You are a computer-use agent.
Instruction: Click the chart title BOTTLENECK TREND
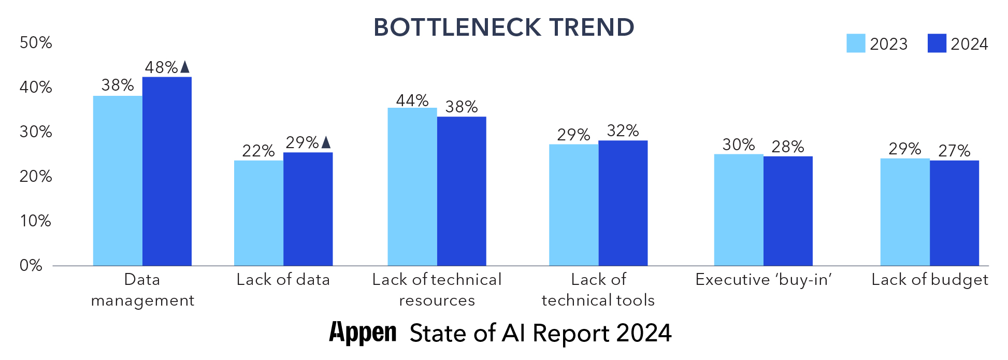point(503,27)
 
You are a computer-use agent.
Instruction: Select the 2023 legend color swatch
point(855,44)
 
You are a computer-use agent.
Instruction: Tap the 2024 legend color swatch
point(937,44)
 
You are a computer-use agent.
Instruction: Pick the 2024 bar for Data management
point(167,171)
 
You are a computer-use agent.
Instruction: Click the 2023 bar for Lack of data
point(258,213)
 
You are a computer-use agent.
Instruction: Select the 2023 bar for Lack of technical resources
point(412,186)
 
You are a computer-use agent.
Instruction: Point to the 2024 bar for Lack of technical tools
point(623,203)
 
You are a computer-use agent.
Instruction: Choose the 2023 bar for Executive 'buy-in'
point(738,210)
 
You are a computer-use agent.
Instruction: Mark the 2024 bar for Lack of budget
point(954,213)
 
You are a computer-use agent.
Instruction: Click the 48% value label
point(161,67)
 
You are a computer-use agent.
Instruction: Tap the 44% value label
point(412,100)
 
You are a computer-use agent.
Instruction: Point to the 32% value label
point(623,131)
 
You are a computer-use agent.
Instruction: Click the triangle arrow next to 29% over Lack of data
point(326,142)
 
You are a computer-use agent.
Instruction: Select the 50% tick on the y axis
point(36,42)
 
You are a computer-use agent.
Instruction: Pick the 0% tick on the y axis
point(31,266)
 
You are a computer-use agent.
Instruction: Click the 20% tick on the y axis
point(36,176)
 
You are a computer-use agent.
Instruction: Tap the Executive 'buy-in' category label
point(763,280)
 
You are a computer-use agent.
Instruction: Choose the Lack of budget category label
point(929,280)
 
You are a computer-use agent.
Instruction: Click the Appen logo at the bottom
point(363,333)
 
